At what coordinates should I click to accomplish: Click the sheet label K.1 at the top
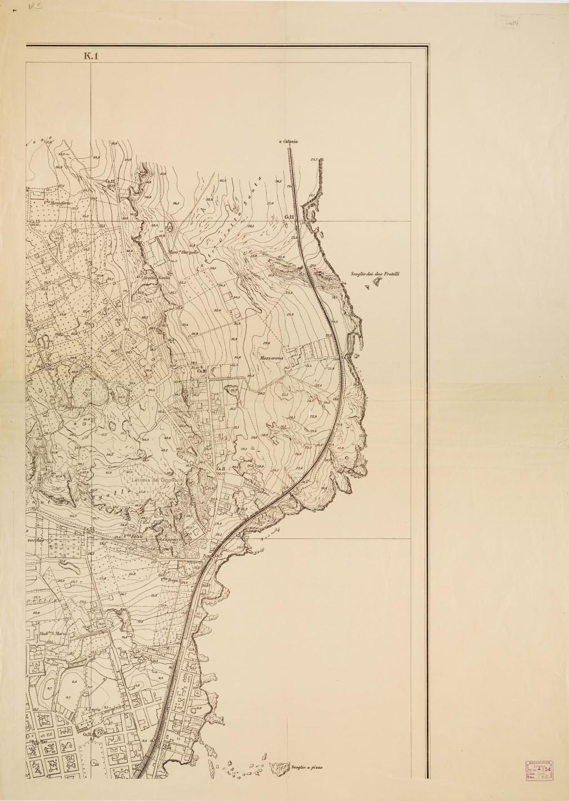(x=91, y=56)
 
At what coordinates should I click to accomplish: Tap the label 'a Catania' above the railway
(x=289, y=142)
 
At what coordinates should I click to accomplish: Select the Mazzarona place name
(x=272, y=359)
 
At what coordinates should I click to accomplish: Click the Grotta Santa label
(x=157, y=278)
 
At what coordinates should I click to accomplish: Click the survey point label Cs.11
(x=289, y=217)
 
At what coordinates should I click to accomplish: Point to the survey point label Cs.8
(x=220, y=470)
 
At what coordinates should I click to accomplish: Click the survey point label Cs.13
(x=35, y=221)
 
